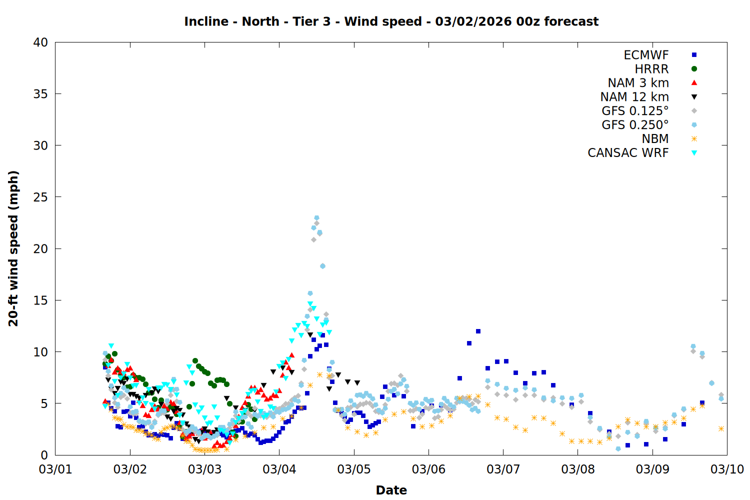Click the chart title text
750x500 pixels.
(x=391, y=21)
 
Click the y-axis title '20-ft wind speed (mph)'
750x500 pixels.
(x=13, y=248)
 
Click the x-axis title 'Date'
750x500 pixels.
(x=391, y=490)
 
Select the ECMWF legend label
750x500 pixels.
(x=646, y=55)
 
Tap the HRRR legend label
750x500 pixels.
(x=651, y=69)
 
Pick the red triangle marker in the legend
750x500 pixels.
(x=694, y=82)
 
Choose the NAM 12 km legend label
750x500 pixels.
(x=634, y=97)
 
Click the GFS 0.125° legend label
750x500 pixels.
(x=635, y=111)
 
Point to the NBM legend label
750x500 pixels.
(x=655, y=139)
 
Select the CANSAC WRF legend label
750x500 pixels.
(x=628, y=153)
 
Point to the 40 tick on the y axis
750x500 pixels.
(x=40, y=42)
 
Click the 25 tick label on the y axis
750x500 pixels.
(x=40, y=197)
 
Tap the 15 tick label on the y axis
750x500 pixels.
(x=40, y=300)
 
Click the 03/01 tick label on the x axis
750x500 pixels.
(x=55, y=469)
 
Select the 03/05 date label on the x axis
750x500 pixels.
(x=354, y=469)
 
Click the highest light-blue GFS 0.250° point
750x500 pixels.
(x=316, y=218)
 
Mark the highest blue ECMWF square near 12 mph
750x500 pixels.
(x=478, y=331)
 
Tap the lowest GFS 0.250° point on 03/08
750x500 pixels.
(x=618, y=448)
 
